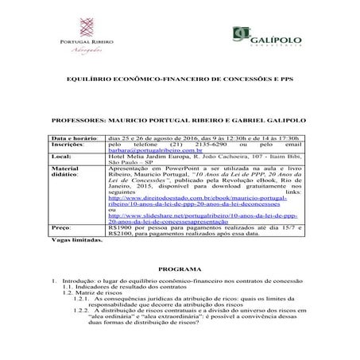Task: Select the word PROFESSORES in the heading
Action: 81,121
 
